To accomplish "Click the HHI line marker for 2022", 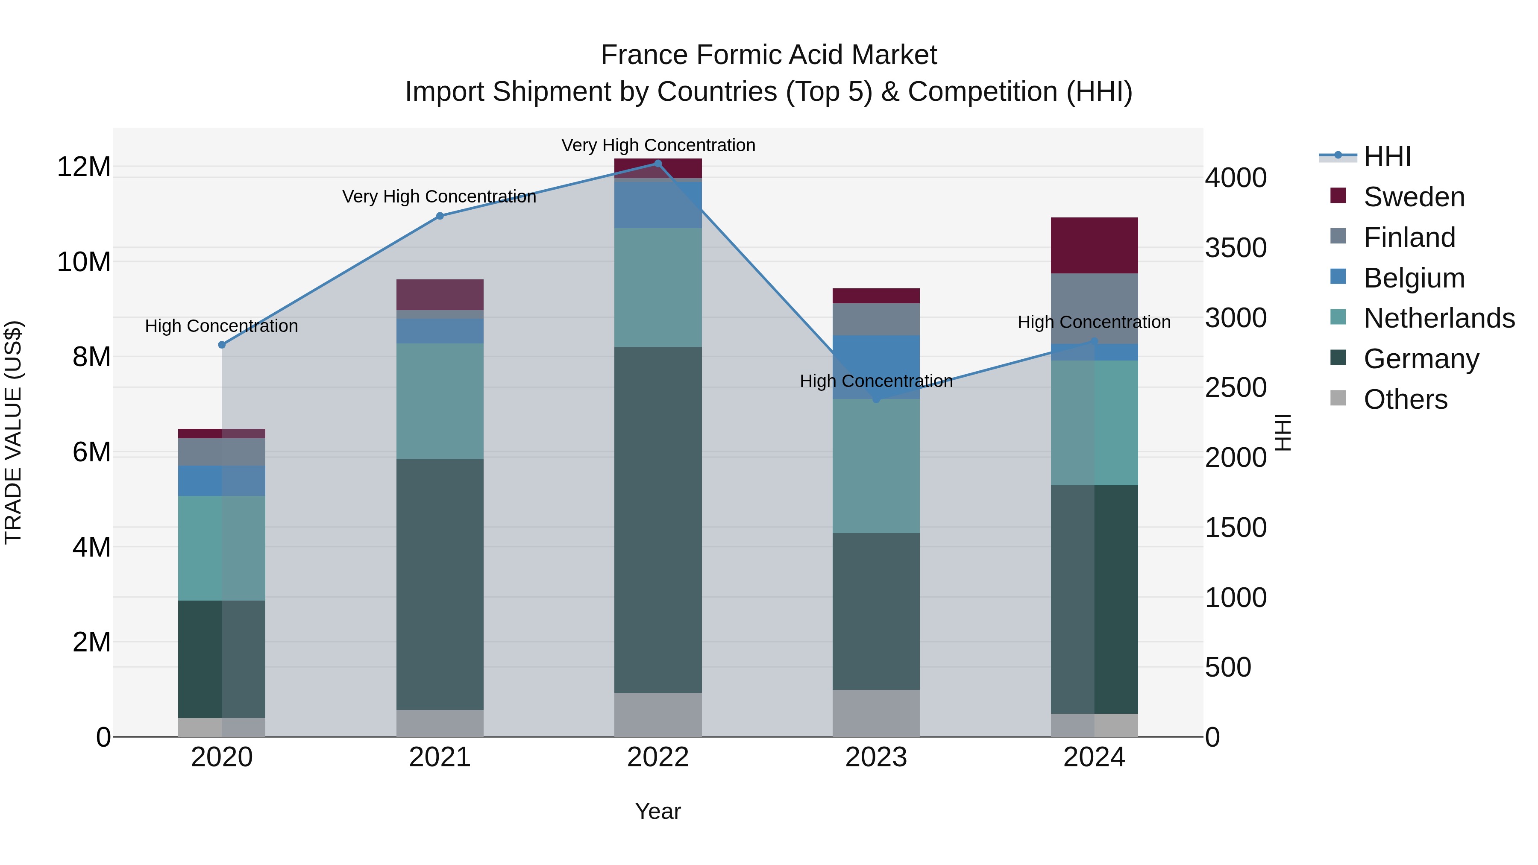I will click(x=658, y=164).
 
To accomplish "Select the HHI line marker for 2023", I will click(x=876, y=399).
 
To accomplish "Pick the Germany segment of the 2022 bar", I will click(x=658, y=519).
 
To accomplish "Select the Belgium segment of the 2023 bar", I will click(x=876, y=367).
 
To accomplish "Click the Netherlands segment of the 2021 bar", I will click(x=440, y=401).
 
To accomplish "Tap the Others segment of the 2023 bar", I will click(x=876, y=713).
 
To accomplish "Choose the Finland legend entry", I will click(x=1409, y=238).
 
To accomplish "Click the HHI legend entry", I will click(x=1387, y=156).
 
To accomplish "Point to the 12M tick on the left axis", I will click(x=84, y=167).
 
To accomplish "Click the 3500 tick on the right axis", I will click(x=1235, y=248).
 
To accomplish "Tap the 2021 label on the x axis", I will click(x=440, y=757).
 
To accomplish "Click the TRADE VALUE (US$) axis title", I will click(x=14, y=432).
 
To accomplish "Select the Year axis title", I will click(x=657, y=811).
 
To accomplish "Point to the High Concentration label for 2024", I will click(x=1093, y=323).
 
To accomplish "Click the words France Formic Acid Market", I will click(x=769, y=55).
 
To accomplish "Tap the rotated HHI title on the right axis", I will click(x=1283, y=432).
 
